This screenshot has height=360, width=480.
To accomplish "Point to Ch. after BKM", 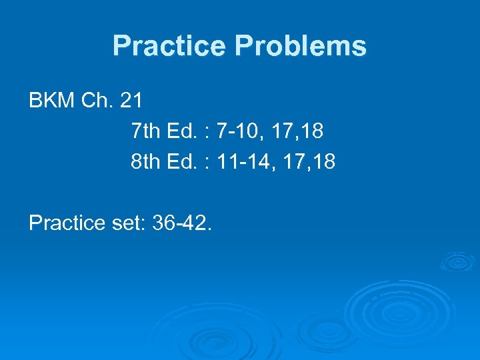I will [96, 101].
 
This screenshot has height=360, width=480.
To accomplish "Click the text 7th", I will [146, 131].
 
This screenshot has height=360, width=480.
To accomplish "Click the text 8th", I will [146, 161].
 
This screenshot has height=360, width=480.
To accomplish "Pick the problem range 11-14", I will [247, 161].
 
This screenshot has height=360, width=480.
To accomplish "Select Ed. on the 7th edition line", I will [182, 131].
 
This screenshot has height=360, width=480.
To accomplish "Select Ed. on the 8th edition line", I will [182, 161].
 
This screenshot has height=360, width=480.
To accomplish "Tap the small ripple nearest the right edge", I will [457, 261].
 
